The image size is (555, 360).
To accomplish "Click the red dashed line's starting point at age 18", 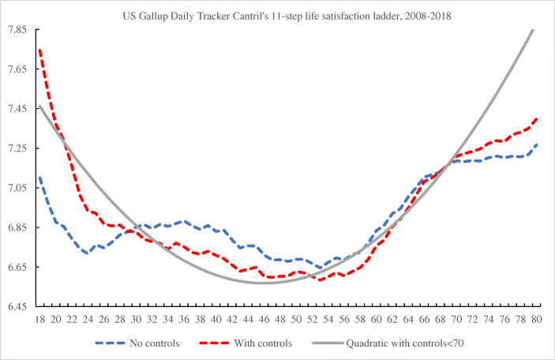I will click(39, 50).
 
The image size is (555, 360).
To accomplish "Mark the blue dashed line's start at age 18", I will click(39, 178).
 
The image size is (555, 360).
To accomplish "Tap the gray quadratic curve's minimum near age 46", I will click(265, 282).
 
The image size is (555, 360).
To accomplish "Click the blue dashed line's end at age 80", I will click(537, 144).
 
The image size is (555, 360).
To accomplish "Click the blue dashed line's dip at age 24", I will click(88, 253).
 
